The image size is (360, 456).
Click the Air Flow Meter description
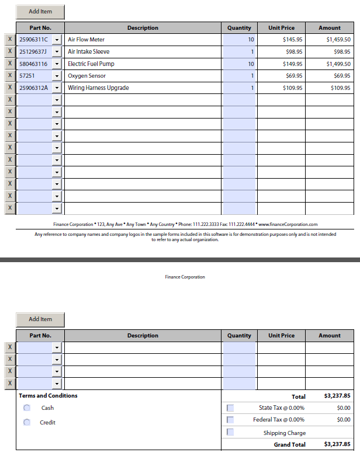[x=86, y=40]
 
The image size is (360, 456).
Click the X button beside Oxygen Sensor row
[x=10, y=76]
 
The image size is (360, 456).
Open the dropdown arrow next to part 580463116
[x=57, y=64]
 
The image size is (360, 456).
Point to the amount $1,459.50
[x=338, y=40]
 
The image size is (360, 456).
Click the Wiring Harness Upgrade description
[x=98, y=88]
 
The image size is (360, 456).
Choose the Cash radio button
[x=27, y=408]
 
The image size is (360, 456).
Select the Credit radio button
[x=27, y=422]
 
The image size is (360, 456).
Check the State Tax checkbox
[x=230, y=408]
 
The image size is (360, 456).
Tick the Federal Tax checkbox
[x=230, y=420]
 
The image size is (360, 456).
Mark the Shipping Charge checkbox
[x=230, y=433]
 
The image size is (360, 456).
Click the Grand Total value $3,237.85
[x=337, y=444]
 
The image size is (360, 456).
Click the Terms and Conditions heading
[x=48, y=395]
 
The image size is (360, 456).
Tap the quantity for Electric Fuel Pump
[x=240, y=64]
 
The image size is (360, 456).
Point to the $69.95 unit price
[x=293, y=76]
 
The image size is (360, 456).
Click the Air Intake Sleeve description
[x=89, y=52]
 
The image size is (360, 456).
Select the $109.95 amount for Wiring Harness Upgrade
[x=340, y=88]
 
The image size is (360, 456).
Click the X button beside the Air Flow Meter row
[x=10, y=40]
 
